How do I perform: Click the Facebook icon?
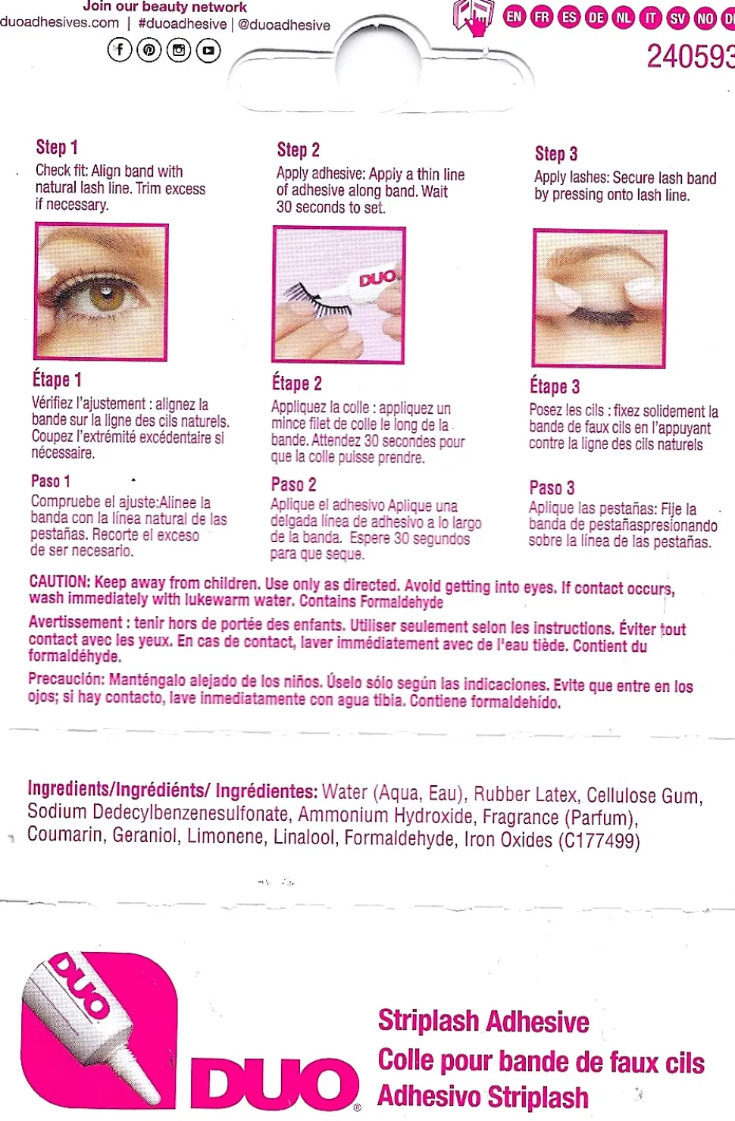tap(120, 50)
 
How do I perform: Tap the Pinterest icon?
tap(149, 50)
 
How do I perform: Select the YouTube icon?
tap(208, 50)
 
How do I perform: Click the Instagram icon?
tap(179, 50)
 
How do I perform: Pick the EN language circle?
tap(514, 16)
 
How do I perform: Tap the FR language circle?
tap(542, 17)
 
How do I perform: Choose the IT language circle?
tap(651, 17)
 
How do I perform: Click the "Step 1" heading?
tap(57, 147)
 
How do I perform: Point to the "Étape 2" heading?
tap(297, 384)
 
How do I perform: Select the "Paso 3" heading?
tap(552, 487)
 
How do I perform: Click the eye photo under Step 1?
tap(102, 292)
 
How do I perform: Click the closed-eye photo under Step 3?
tap(599, 299)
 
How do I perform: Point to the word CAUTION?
tap(60, 582)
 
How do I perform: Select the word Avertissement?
tap(75, 622)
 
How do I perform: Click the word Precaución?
tap(65, 678)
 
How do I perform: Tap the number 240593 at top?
tap(690, 57)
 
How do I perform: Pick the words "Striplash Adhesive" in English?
tap(483, 1021)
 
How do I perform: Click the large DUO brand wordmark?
tap(274, 1082)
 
